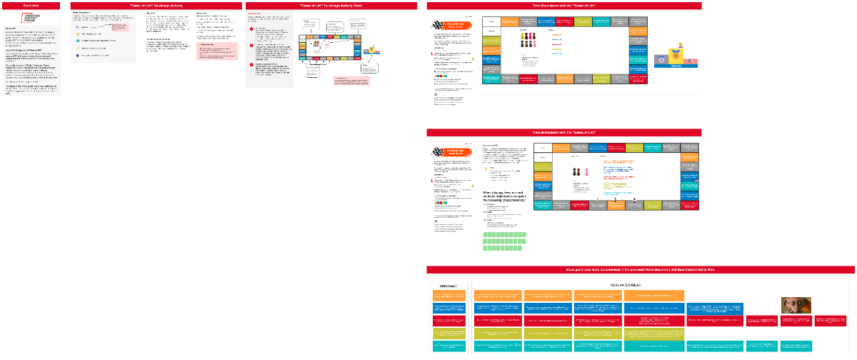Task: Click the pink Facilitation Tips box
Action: [x=217, y=50]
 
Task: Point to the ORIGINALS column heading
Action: [x=448, y=285]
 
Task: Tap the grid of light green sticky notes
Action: [x=504, y=241]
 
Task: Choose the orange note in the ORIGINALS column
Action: [x=448, y=296]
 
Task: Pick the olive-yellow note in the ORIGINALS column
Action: [x=448, y=334]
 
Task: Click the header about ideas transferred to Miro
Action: [x=641, y=269]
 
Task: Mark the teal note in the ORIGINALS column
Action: [x=448, y=346]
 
